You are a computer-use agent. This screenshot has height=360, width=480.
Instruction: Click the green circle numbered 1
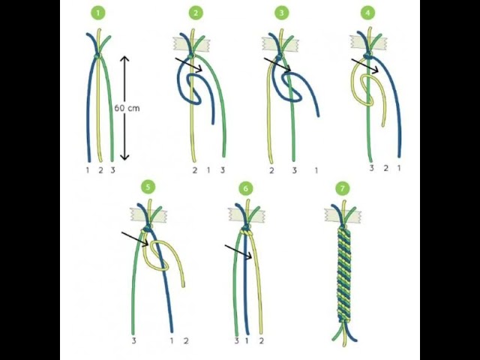[98, 13]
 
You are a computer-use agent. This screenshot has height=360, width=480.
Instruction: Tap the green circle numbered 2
[196, 13]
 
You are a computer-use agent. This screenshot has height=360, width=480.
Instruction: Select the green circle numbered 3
[282, 13]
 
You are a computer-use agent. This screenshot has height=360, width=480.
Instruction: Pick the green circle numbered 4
[367, 13]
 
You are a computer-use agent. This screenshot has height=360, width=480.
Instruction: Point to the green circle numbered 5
[148, 187]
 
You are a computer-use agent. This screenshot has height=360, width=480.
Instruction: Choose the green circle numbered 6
[245, 189]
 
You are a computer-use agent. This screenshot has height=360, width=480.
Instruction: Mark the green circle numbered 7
[342, 188]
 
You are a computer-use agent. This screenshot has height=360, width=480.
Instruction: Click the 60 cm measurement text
[127, 108]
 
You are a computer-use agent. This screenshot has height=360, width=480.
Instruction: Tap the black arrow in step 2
[188, 64]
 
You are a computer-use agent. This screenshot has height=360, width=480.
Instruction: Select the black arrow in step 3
[277, 64]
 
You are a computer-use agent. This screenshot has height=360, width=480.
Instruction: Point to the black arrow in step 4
[365, 66]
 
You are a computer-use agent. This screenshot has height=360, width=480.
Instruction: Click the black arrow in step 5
[135, 238]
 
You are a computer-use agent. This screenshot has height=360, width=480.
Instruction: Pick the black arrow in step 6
[238, 252]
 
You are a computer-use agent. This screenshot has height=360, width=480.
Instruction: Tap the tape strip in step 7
[343, 214]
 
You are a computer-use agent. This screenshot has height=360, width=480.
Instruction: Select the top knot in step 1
[97, 56]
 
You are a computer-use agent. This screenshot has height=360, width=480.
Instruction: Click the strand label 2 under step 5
[186, 340]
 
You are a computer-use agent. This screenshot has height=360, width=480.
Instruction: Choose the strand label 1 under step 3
[316, 170]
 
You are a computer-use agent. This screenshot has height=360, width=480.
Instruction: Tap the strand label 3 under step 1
[112, 170]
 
